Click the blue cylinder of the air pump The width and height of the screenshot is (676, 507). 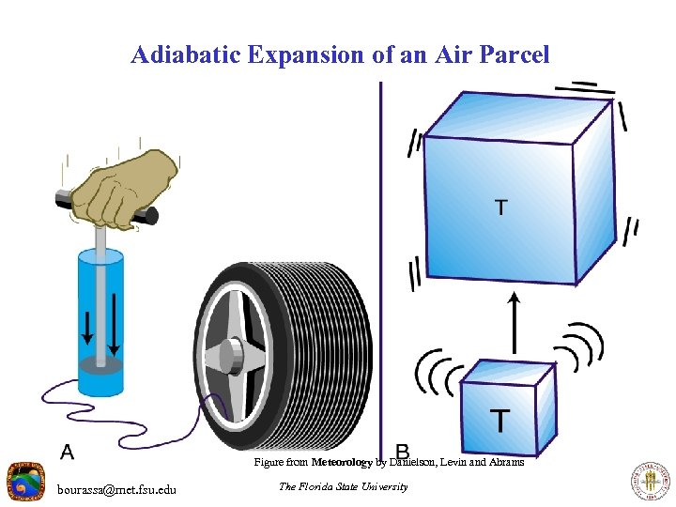(x=100, y=319)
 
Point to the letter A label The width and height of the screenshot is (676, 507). (x=68, y=453)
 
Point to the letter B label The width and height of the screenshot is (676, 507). (x=402, y=452)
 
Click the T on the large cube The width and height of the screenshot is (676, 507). (x=502, y=207)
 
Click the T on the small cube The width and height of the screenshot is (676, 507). (x=500, y=420)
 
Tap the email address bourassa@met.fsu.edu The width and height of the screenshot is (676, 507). (x=115, y=489)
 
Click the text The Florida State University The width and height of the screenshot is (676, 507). (x=344, y=486)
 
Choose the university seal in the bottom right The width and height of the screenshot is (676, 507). (x=649, y=483)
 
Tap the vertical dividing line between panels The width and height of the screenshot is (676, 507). (x=380, y=235)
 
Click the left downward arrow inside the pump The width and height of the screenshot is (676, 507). (x=86, y=323)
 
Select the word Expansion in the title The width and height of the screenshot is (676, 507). (x=305, y=54)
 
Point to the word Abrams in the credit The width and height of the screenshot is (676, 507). (x=505, y=462)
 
